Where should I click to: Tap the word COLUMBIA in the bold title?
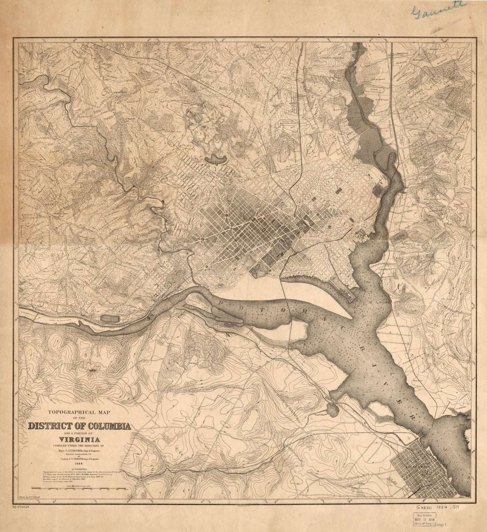point(106,427)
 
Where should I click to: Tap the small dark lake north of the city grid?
point(216,158)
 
